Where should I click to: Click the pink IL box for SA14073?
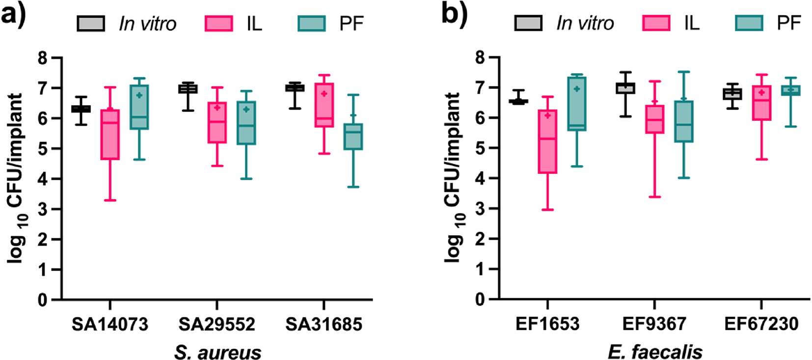(110, 134)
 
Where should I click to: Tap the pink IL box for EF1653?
(547, 141)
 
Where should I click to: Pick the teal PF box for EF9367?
(683, 121)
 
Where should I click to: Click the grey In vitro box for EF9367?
(625, 88)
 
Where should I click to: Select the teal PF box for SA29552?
(246, 123)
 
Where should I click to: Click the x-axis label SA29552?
(217, 324)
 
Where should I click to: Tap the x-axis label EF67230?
(761, 324)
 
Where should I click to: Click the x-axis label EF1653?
(547, 324)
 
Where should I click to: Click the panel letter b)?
(454, 15)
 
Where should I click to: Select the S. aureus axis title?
(217, 352)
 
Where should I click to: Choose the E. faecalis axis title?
(654, 352)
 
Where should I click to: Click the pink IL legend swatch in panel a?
(218, 23)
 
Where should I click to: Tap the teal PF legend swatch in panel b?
(749, 23)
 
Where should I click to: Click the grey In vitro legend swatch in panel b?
(528, 23)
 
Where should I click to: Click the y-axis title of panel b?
(454, 177)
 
